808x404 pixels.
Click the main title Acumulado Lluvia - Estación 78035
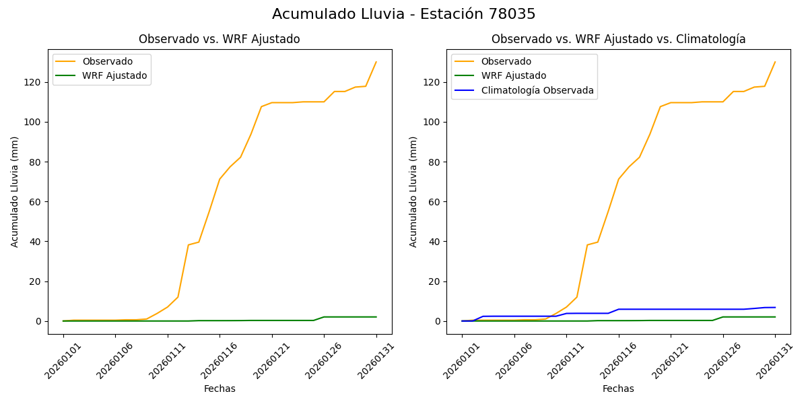click(404, 14)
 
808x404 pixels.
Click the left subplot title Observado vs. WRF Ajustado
click(220, 39)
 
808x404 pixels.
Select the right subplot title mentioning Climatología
click(618, 39)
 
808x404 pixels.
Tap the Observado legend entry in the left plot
click(107, 61)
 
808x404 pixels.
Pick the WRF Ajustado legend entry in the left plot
click(114, 75)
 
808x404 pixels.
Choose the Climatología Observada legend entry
click(537, 90)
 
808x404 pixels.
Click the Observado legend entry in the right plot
click(506, 61)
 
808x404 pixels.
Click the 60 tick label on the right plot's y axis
click(434, 202)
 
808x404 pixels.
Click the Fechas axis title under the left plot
click(220, 389)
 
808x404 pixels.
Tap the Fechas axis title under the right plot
click(618, 389)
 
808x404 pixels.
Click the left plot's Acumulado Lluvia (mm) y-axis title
click(15, 191)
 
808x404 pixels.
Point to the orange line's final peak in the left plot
click(376, 62)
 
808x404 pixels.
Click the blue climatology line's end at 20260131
click(775, 308)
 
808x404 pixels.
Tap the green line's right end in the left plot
click(376, 317)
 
